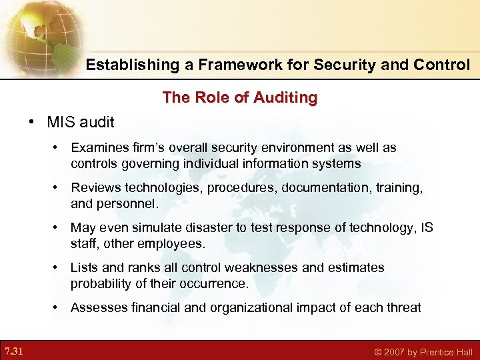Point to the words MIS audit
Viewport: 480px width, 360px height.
(x=81, y=122)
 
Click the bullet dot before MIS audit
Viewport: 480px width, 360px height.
(x=32, y=122)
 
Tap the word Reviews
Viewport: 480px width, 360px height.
(x=95, y=188)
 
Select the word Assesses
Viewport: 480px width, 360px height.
(x=98, y=307)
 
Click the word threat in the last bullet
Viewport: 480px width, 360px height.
(x=403, y=307)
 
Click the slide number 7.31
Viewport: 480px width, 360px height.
(x=13, y=351)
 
